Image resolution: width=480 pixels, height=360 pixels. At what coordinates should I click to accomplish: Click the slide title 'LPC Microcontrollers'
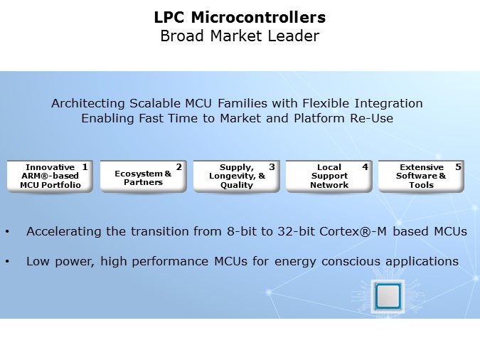pos(240,16)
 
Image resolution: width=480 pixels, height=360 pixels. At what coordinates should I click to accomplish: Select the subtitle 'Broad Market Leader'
pos(240,36)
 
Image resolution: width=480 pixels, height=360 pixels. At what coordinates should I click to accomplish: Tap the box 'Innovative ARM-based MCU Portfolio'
pos(50,176)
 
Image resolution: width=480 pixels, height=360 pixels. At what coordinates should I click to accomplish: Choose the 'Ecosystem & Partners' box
pos(143,176)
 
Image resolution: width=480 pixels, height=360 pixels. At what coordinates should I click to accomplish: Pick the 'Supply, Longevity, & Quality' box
pos(236,176)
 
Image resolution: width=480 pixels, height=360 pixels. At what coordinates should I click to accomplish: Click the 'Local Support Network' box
pos(329,176)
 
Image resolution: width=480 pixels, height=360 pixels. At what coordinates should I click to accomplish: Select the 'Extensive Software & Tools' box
pos(421,176)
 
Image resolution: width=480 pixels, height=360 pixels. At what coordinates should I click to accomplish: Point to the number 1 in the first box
pos(85,167)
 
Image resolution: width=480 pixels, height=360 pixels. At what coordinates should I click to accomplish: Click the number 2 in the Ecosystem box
pos(178,167)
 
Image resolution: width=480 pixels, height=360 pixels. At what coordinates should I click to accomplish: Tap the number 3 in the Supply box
pos(272,167)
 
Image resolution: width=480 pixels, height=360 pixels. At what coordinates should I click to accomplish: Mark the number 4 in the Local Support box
pos(365,167)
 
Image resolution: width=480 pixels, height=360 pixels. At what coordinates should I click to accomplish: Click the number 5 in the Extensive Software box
pos(458,167)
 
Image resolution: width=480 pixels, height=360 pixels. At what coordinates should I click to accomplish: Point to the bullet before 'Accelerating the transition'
pos(7,232)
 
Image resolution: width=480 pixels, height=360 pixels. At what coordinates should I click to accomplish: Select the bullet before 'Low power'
pos(7,262)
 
